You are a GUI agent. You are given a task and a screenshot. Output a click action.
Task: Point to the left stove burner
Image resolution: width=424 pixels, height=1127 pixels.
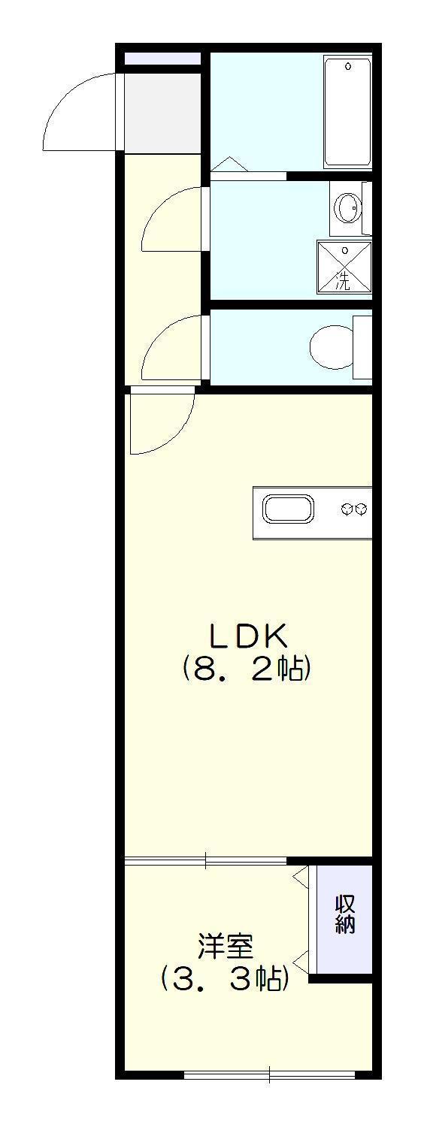tap(347, 510)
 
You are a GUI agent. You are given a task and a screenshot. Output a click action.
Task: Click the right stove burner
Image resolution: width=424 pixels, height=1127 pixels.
tap(362, 510)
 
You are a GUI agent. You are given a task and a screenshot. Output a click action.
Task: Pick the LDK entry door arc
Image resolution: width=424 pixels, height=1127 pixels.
tap(176, 437)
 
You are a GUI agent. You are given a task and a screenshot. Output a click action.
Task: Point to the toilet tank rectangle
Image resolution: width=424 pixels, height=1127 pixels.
tap(362, 347)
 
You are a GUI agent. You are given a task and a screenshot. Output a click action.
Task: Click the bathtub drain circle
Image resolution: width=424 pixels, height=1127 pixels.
tap(347, 66)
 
